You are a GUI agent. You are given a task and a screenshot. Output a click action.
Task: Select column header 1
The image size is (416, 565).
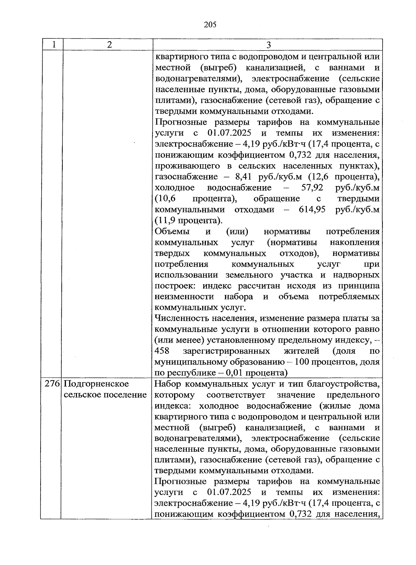53,45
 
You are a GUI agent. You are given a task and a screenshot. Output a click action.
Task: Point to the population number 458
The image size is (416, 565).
162,351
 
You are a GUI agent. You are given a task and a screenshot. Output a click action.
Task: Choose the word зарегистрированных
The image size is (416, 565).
226,351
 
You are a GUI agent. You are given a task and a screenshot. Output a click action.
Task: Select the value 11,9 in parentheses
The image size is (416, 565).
166,221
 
